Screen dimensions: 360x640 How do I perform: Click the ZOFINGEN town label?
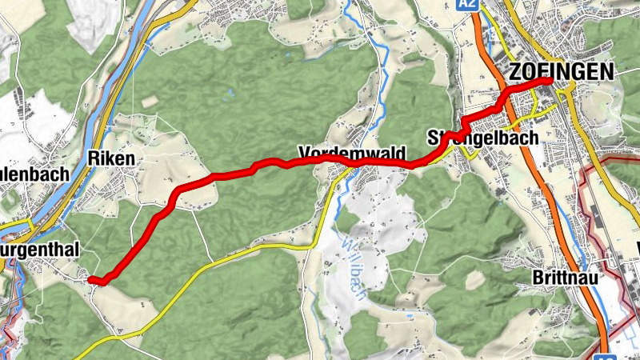(561, 72)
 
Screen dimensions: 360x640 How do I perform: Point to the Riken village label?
(117, 158)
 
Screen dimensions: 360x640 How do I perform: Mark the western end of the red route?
(90, 279)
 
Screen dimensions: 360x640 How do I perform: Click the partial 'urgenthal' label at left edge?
(40, 251)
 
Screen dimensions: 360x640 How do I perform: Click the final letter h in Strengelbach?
(534, 138)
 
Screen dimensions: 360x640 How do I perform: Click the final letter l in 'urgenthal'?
(78, 251)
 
